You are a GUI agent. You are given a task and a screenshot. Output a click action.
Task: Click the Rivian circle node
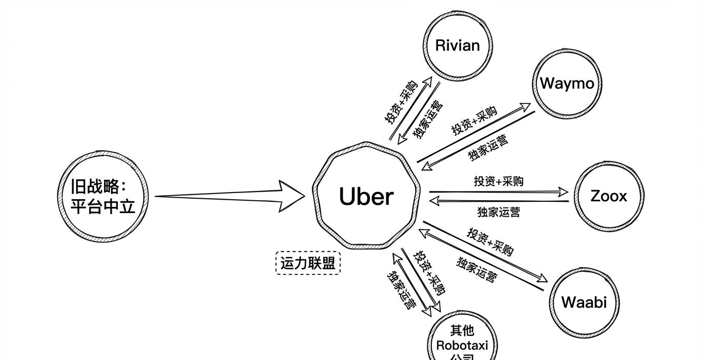tap(458, 45)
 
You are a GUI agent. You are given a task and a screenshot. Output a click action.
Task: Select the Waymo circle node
tap(567, 83)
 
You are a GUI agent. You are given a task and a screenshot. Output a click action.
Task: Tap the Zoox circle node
tap(608, 196)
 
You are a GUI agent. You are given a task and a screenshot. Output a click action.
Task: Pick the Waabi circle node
tap(584, 302)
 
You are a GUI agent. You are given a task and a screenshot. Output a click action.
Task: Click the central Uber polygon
tap(366, 196)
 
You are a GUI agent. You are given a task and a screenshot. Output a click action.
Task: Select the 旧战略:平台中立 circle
tap(103, 196)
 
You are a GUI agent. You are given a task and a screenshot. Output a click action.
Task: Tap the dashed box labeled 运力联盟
tap(308, 263)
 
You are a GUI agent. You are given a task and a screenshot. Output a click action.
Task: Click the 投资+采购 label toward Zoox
tap(499, 181)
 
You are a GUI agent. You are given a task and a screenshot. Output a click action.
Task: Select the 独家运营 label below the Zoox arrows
tap(499, 211)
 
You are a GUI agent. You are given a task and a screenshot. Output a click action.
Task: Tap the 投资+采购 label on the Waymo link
tap(474, 122)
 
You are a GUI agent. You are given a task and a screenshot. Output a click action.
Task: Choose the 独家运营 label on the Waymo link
tap(488, 147)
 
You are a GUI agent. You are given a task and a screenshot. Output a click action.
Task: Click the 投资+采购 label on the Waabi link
tap(490, 241)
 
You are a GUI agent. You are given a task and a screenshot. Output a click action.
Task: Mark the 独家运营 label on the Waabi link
tap(476, 270)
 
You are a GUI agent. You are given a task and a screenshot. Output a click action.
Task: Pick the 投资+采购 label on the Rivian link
tap(401, 102)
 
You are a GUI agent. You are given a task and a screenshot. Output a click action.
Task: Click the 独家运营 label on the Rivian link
tap(428, 119)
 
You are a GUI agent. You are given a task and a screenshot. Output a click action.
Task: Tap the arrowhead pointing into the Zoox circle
tap(563, 193)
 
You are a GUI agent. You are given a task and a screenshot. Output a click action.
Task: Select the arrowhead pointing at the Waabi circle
tap(542, 279)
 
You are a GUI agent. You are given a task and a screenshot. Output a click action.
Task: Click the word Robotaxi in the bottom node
tap(462, 345)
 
